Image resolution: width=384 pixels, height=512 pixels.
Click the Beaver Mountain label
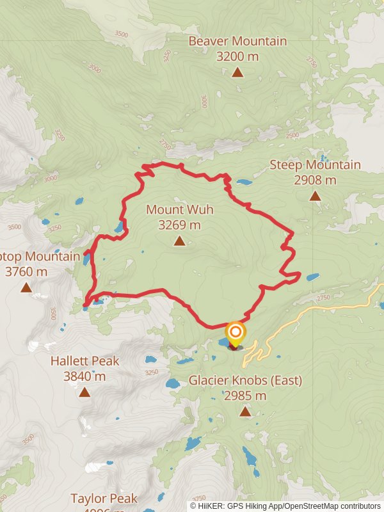coord(237,42)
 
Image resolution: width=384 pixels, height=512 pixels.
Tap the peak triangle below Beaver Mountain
coord(237,72)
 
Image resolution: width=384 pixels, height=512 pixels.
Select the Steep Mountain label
coord(315,165)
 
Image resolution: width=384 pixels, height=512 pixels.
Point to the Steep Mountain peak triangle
coord(315,196)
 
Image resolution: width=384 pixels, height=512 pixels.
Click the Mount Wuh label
coord(179,210)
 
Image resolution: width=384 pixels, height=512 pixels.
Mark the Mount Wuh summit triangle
coord(179,241)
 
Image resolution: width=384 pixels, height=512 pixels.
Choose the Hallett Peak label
coord(84,361)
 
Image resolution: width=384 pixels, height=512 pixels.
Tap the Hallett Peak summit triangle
coord(84,392)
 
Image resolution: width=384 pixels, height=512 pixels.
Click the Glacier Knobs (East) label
coord(245,381)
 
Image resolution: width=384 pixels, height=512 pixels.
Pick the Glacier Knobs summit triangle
coord(245,411)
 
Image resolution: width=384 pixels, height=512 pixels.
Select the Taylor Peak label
coord(104,499)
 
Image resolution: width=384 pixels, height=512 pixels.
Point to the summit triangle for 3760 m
coord(26,287)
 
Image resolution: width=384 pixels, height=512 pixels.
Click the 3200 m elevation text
coord(237,56)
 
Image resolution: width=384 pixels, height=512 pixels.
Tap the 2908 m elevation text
coord(315,180)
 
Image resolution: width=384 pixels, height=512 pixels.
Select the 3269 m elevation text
coord(179,225)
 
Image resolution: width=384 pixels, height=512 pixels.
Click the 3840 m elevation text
coord(84,376)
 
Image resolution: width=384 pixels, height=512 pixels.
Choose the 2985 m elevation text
coord(245,396)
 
